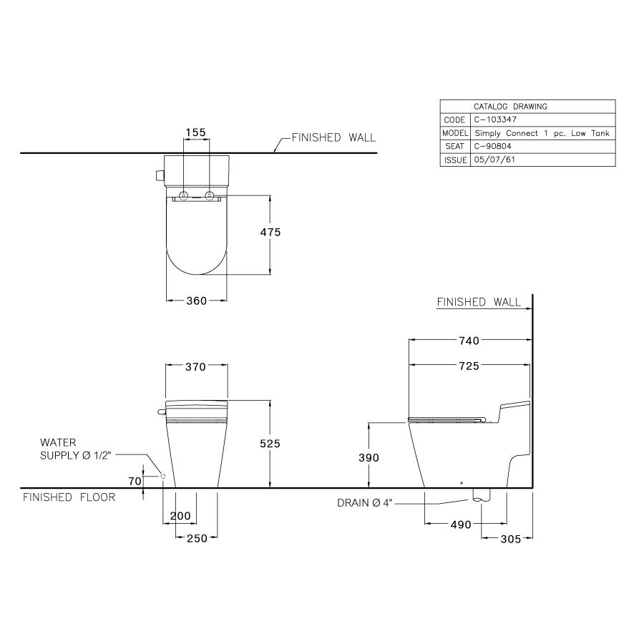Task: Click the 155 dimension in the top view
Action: click(195, 132)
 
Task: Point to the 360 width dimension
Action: click(196, 301)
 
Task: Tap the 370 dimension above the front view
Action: click(196, 367)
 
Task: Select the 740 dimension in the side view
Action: click(469, 341)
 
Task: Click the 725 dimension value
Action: click(469, 366)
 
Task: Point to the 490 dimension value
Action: click(461, 525)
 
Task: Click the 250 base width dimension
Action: click(196, 539)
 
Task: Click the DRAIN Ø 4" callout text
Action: click(366, 503)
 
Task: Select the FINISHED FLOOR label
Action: click(69, 497)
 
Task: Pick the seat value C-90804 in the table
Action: click(492, 147)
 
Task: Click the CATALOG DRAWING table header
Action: click(510, 107)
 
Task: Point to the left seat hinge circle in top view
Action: click(185, 196)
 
